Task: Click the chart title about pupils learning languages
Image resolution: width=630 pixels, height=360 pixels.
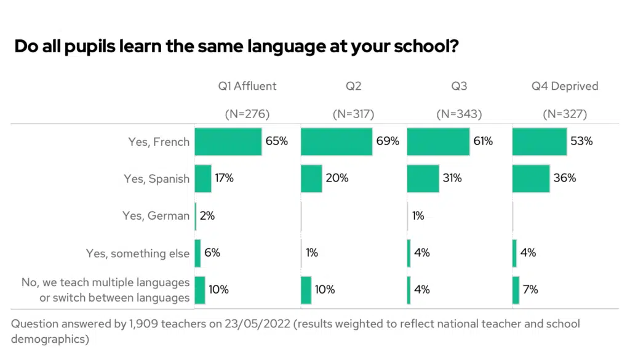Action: (236, 47)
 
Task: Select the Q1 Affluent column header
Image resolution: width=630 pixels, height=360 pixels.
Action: (247, 86)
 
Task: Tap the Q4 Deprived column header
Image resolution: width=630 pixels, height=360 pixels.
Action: (564, 86)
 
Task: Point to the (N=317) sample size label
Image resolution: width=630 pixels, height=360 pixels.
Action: (353, 114)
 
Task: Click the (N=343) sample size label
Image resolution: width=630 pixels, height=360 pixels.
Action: (459, 114)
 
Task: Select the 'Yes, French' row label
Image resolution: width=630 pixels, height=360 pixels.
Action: (159, 142)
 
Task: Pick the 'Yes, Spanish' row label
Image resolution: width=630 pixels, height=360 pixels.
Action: (156, 178)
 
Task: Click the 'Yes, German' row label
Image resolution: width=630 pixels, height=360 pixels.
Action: (156, 216)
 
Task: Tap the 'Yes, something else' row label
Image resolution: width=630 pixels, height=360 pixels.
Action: (138, 253)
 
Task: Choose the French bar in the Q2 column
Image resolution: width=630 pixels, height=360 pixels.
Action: (337, 142)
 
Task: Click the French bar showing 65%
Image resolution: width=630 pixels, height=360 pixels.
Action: (228, 142)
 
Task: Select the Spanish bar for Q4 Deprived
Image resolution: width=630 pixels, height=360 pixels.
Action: (530, 178)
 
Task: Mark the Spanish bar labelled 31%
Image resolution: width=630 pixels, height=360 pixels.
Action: (423, 178)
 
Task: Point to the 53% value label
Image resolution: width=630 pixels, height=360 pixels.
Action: (581, 142)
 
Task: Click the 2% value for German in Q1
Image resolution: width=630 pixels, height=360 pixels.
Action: (207, 216)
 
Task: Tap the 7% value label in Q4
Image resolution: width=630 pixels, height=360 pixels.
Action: (530, 289)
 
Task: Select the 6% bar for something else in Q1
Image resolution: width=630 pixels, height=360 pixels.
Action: (198, 253)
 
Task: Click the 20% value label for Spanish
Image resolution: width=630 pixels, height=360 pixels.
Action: (337, 178)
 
